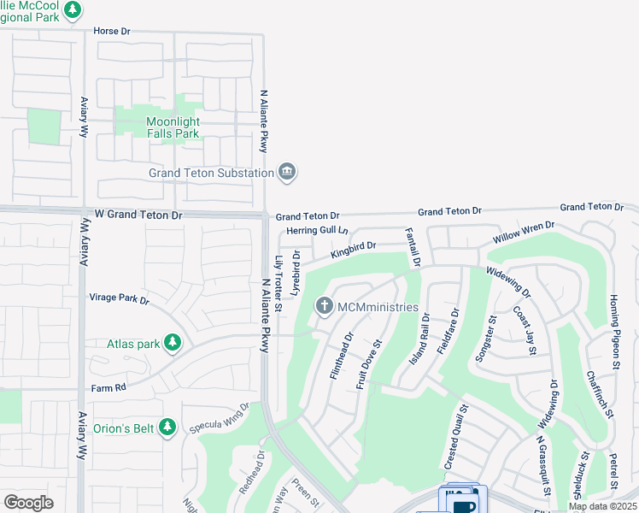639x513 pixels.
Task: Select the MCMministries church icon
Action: click(x=325, y=305)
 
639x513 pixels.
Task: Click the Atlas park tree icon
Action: click(x=173, y=344)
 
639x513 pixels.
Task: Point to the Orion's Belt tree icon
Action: click(x=167, y=426)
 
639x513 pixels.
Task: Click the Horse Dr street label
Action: click(x=111, y=31)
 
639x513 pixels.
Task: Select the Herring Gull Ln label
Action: click(x=318, y=231)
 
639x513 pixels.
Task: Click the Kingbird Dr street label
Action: click(x=353, y=250)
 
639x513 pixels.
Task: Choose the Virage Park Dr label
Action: click(x=120, y=299)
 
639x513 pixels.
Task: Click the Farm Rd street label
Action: click(x=108, y=387)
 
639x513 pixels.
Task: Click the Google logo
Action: click(x=28, y=502)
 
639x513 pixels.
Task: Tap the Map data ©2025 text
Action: click(x=602, y=506)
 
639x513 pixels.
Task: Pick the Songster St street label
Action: click(x=485, y=339)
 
